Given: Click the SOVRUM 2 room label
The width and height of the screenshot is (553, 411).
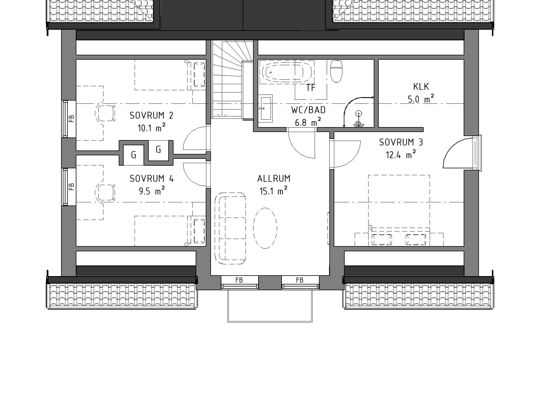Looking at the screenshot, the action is (x=151, y=116).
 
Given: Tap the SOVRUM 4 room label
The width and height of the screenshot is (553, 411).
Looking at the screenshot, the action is (x=152, y=179).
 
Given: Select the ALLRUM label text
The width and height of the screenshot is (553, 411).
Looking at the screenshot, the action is (x=274, y=179).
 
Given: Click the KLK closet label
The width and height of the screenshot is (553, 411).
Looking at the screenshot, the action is (x=421, y=86).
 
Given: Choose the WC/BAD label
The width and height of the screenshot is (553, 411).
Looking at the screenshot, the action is (x=308, y=110).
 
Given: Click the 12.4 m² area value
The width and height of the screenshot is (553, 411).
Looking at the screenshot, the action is (x=401, y=155).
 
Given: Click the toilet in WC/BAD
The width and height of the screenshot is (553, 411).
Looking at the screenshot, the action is (x=336, y=71).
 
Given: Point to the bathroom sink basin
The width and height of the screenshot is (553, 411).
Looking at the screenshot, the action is (x=266, y=108).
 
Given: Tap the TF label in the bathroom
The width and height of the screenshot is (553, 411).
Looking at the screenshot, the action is (x=311, y=88).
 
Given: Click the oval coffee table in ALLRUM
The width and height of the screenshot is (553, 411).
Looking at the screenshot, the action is (x=265, y=228).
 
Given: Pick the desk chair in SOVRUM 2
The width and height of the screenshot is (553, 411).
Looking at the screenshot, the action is (x=105, y=113).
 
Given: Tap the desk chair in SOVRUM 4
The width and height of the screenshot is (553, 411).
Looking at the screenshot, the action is (x=105, y=193).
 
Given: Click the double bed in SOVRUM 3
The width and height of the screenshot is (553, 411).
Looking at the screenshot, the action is (x=399, y=210).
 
